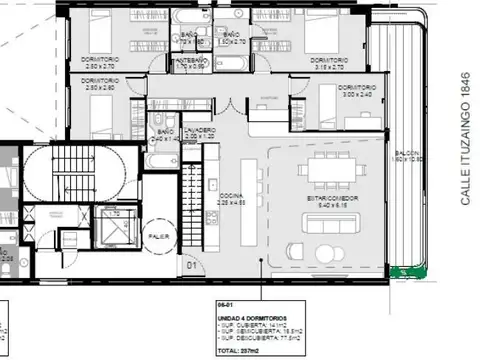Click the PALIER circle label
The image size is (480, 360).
click(x=158, y=237)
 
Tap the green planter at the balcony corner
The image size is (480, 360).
click(x=407, y=271)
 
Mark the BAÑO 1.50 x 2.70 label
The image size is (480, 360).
click(x=232, y=40)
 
